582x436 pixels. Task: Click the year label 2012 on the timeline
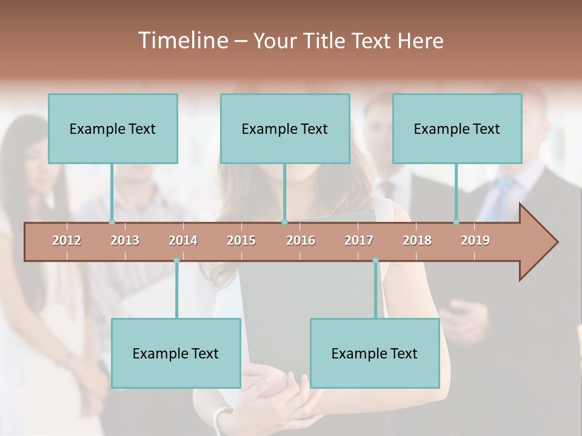pyautogui.click(x=67, y=240)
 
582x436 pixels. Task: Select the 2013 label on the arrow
pyautogui.click(x=125, y=240)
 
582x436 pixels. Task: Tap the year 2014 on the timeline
pyautogui.click(x=183, y=240)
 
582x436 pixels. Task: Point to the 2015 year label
pyautogui.click(x=241, y=240)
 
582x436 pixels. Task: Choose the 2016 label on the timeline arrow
pyautogui.click(x=301, y=240)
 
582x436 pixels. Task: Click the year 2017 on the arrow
pyautogui.click(x=359, y=240)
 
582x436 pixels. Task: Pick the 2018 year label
pyautogui.click(x=417, y=240)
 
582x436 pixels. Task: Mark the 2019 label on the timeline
pyautogui.click(x=475, y=240)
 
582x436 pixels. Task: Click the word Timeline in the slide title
pyautogui.click(x=181, y=41)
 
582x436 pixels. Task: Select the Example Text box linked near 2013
pyautogui.click(x=113, y=128)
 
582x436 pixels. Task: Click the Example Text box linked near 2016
pyautogui.click(x=285, y=128)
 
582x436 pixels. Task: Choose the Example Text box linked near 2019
pyautogui.click(x=457, y=128)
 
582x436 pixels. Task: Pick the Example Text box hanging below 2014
pyautogui.click(x=176, y=353)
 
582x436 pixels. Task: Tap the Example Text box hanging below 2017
pyautogui.click(x=375, y=353)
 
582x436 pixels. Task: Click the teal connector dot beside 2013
pyautogui.click(x=112, y=222)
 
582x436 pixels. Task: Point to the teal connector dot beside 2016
pyautogui.click(x=285, y=222)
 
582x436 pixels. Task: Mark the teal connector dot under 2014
pyautogui.click(x=176, y=260)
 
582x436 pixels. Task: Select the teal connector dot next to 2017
pyautogui.click(x=375, y=260)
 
